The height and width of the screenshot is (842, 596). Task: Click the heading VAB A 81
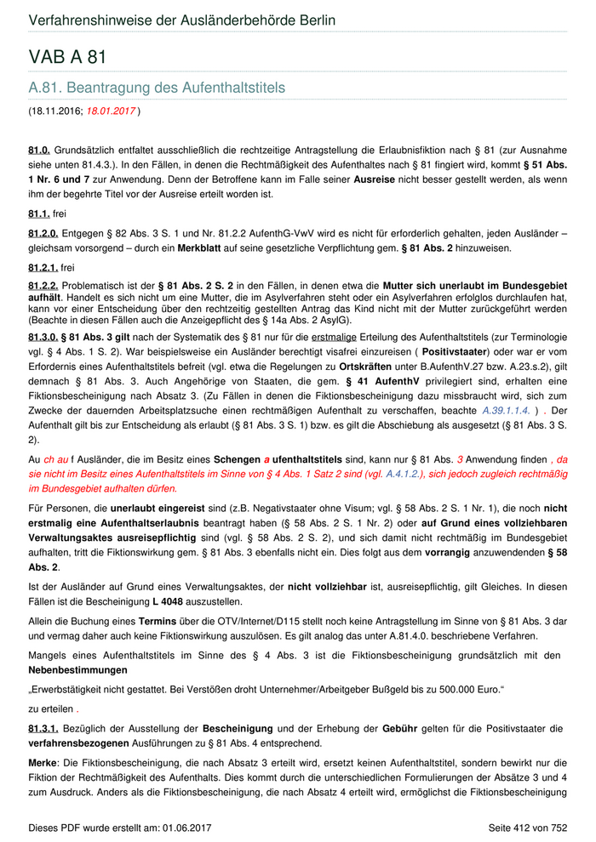[x=67, y=58]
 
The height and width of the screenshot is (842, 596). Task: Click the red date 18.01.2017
[x=111, y=111]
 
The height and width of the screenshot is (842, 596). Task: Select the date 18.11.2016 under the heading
[x=55, y=111]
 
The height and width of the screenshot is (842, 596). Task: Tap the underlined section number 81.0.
[x=40, y=151]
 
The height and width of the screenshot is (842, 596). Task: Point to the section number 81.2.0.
[x=43, y=235]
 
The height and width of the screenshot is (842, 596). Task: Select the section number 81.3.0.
[x=43, y=338]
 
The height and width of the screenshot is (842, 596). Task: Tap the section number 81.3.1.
[x=43, y=729]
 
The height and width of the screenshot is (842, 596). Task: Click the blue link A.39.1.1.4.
[x=506, y=410]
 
